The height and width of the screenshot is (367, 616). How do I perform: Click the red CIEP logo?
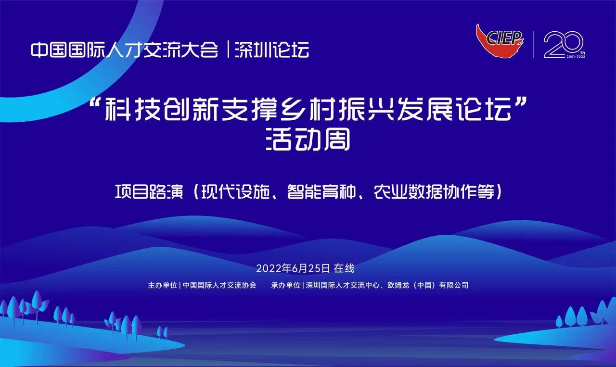(500, 41)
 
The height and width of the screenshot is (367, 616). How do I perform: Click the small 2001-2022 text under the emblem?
(576, 57)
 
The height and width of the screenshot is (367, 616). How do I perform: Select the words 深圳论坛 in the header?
(272, 50)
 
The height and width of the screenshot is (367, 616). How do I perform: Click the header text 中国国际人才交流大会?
(125, 50)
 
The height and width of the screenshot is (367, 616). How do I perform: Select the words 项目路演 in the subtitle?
(149, 191)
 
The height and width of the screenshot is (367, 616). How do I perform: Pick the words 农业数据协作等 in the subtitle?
(435, 191)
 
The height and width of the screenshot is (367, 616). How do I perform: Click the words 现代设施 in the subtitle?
(235, 191)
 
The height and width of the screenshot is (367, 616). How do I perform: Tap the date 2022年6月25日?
(293, 268)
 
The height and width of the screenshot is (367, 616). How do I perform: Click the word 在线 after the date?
(344, 268)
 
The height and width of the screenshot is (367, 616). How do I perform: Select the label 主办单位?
(163, 285)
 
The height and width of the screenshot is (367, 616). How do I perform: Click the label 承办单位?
(286, 285)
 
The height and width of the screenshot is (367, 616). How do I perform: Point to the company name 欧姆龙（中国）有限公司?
(428, 285)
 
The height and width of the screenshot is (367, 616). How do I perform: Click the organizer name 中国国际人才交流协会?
(219, 285)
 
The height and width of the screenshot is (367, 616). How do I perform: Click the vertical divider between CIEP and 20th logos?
(534, 44)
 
